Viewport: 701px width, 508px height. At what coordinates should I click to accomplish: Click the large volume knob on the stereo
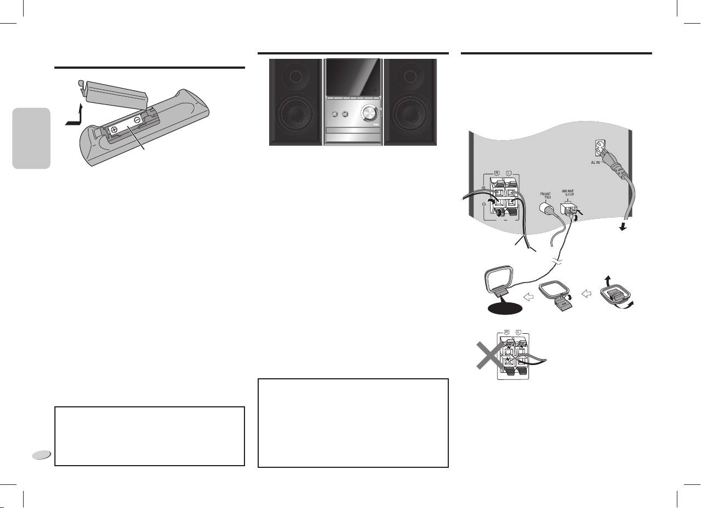click(369, 115)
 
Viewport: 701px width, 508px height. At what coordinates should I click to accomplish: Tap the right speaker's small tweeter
click(410, 75)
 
